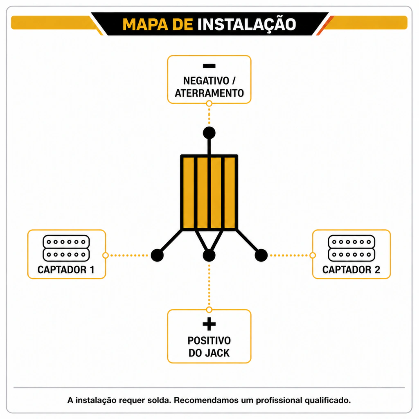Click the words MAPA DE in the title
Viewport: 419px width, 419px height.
[158, 25]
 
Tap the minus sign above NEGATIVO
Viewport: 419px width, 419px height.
[209, 66]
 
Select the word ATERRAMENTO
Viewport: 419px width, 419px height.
[209, 93]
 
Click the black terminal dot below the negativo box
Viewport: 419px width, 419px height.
[209, 133]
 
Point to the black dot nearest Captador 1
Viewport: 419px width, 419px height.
[157, 255]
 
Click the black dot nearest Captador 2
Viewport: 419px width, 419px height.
[261, 255]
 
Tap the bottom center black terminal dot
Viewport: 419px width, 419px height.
[209, 255]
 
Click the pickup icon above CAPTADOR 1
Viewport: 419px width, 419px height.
[66, 248]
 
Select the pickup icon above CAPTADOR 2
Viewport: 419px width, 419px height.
[351, 248]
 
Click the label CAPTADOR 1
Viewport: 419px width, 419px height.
[66, 270]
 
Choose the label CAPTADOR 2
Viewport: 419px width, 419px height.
[351, 270]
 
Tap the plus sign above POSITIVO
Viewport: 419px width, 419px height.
[209, 324]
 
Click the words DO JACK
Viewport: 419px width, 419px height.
[209, 353]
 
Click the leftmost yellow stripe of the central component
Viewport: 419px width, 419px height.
[189, 193]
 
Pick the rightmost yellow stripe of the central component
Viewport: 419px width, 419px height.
[230, 193]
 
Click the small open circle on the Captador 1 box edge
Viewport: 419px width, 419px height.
[106, 255]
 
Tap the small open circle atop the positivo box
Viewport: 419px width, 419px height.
[209, 310]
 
